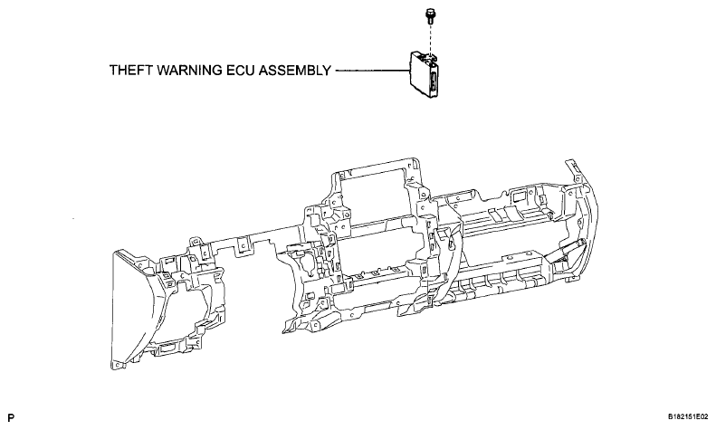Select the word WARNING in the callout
pyautogui.click(x=188, y=71)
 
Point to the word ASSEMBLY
pyautogui.click(x=294, y=71)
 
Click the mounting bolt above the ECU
pyautogui.click(x=429, y=16)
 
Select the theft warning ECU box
pyautogui.click(x=425, y=74)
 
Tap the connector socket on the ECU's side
pyautogui.click(x=433, y=83)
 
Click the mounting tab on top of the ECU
pyautogui.click(x=432, y=56)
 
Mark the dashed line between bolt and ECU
pyautogui.click(x=429, y=39)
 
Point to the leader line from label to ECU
pyautogui.click(x=372, y=71)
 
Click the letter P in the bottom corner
pyautogui.click(x=11, y=417)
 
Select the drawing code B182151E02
pyautogui.click(x=688, y=416)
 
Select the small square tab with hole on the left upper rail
pyautogui.click(x=240, y=247)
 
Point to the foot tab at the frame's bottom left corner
pyautogui.click(x=118, y=365)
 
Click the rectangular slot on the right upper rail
pyautogui.click(x=519, y=196)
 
